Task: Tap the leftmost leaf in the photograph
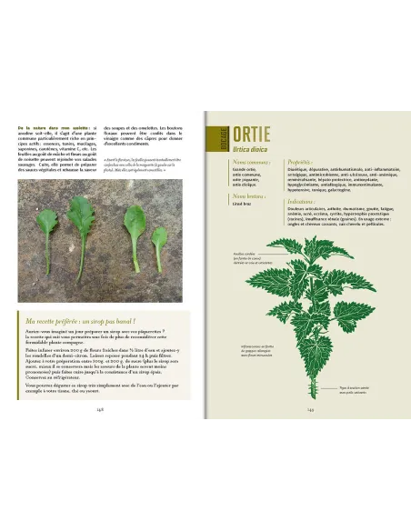[x=47, y=227]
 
